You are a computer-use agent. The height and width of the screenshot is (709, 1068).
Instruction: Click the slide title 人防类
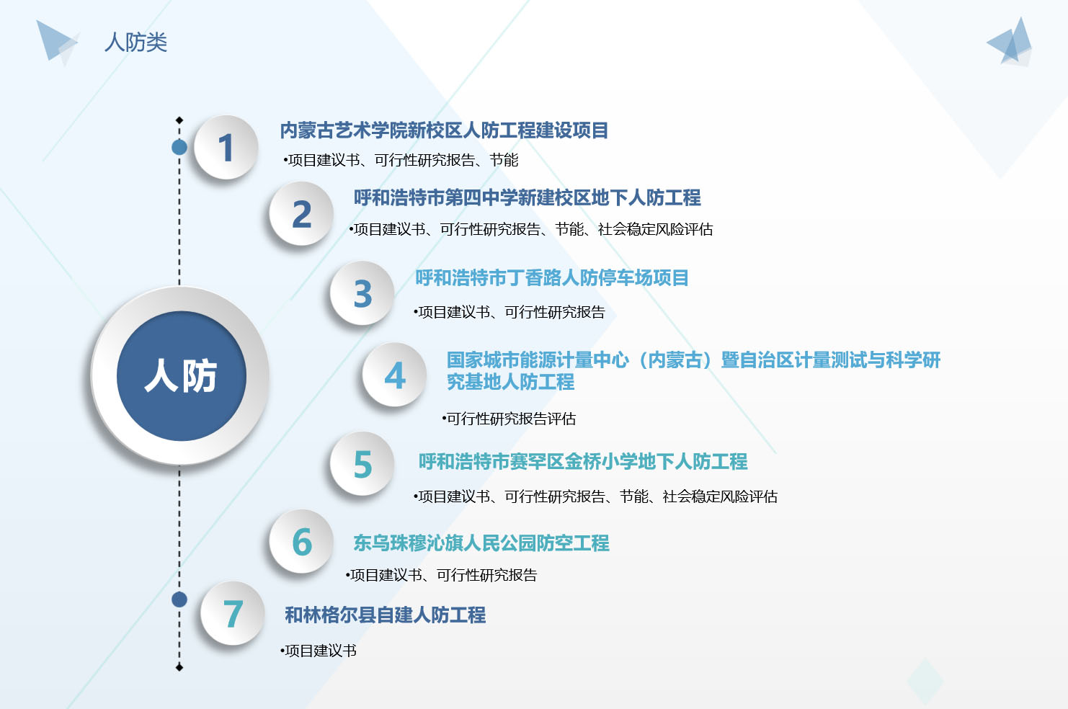[x=135, y=43]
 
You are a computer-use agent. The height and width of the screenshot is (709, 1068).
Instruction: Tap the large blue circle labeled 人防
[x=181, y=375]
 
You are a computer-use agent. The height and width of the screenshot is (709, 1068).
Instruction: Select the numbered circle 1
[x=226, y=147]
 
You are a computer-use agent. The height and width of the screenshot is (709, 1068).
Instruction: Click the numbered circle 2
[x=301, y=214]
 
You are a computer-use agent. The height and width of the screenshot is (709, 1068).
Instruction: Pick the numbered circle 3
[x=362, y=294]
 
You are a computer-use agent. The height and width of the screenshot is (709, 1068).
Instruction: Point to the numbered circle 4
[x=394, y=375]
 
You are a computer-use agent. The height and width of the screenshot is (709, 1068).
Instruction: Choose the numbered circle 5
[x=362, y=464]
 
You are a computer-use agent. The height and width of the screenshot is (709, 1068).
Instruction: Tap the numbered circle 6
[x=301, y=542]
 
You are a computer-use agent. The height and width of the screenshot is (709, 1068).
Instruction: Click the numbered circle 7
[x=233, y=613]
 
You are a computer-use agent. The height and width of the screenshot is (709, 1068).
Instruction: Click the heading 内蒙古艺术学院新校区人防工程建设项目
[x=444, y=130]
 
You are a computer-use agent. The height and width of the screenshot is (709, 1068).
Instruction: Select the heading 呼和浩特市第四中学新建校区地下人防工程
[x=527, y=197]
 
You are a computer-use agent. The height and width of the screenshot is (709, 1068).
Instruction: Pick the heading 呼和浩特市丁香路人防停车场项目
[x=551, y=278]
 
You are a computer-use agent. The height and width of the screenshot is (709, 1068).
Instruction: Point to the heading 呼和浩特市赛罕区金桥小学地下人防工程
[x=583, y=462]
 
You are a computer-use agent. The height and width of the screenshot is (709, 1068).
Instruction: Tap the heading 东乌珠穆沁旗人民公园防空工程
[x=481, y=543]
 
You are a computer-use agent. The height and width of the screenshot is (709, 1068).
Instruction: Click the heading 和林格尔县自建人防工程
[x=385, y=615]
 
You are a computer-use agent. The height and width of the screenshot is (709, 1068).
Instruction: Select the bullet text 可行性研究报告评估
[x=509, y=419]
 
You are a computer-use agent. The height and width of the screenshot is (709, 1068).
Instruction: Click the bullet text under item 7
[x=319, y=651]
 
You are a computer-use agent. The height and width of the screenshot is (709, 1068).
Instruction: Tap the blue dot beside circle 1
[x=179, y=148]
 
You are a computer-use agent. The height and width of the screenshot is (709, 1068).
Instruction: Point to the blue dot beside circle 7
[x=179, y=599]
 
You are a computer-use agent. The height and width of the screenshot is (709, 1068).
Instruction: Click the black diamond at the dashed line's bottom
[x=179, y=667]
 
